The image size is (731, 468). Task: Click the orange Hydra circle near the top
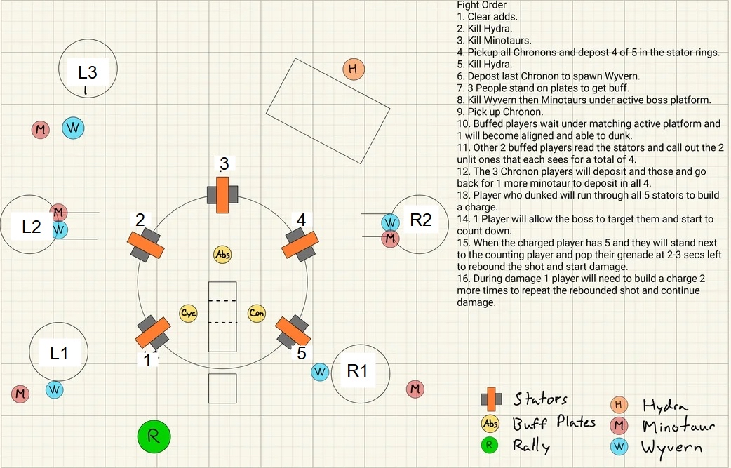click(x=354, y=69)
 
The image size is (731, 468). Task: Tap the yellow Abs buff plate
click(x=223, y=254)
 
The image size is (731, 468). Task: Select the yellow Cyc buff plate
click(x=188, y=313)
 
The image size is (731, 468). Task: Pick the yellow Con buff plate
click(x=257, y=313)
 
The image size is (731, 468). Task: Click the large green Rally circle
click(x=154, y=437)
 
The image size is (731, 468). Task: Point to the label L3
click(x=88, y=72)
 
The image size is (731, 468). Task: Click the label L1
click(x=59, y=353)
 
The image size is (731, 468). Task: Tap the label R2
click(x=421, y=220)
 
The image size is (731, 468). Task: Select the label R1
click(x=358, y=371)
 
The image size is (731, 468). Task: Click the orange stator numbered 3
click(x=223, y=194)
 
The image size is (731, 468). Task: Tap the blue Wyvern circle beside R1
click(x=320, y=371)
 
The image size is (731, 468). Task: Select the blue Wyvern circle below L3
click(x=73, y=128)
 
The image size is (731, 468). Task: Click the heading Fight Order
click(x=481, y=6)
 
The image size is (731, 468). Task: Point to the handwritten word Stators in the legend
click(x=540, y=399)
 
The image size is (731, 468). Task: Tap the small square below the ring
click(x=222, y=389)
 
